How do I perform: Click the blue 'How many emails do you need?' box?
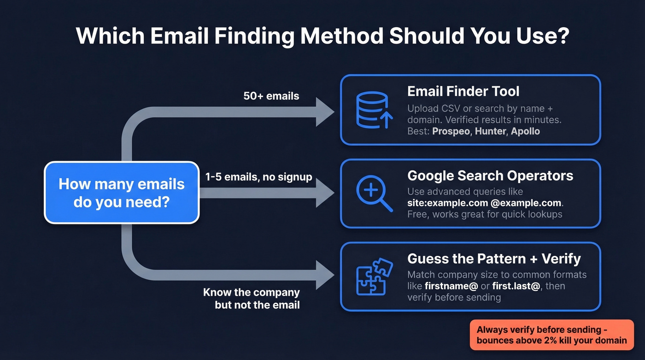(x=122, y=192)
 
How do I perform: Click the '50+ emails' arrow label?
(x=271, y=96)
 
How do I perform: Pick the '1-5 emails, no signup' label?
(x=258, y=177)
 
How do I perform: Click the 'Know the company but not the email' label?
(x=252, y=298)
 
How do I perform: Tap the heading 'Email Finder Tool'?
(x=463, y=91)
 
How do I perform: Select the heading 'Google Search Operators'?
(x=490, y=176)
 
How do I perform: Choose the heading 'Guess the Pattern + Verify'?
(x=494, y=259)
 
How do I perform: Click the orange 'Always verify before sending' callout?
(x=551, y=335)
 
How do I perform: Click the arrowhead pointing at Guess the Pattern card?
(x=325, y=275)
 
